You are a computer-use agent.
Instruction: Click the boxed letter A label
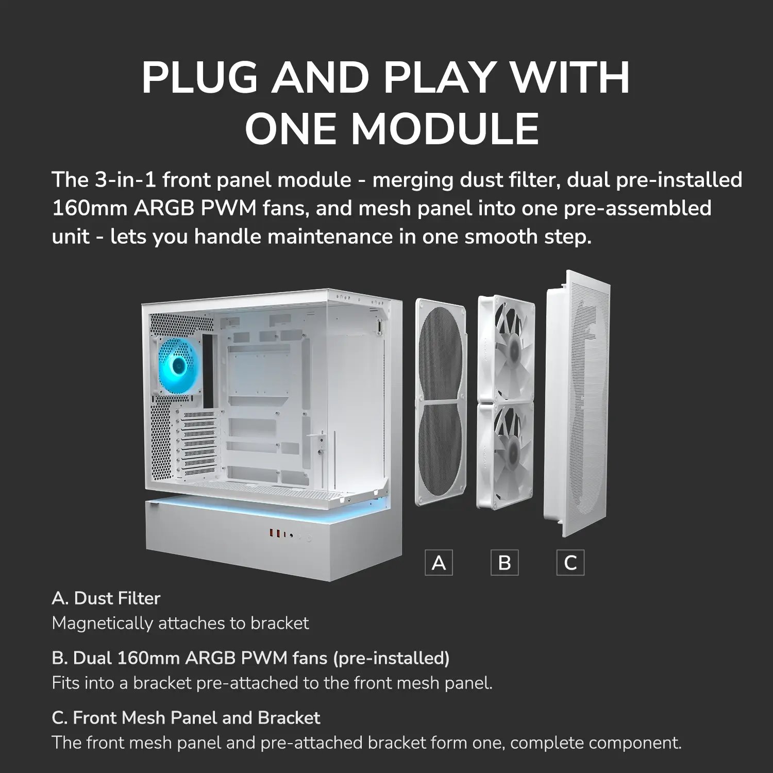point(439,562)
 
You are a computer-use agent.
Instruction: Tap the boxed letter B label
point(505,562)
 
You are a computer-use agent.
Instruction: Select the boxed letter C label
point(570,562)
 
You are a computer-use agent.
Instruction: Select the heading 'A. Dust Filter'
point(106,598)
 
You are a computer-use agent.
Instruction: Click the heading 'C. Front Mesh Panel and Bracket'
point(186,718)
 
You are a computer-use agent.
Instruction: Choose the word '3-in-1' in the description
point(125,180)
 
